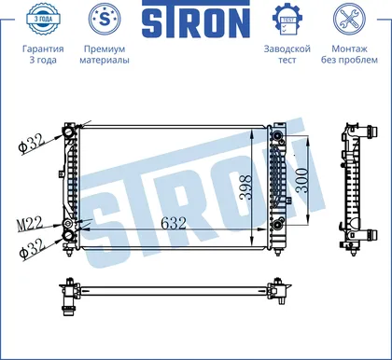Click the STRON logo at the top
point(196,20)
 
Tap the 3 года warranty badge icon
point(43,19)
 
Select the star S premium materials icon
point(105,19)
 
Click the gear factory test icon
point(287,20)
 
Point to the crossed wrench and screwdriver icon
point(349,19)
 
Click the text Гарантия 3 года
point(43,54)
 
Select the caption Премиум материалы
point(105,54)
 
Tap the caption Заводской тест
point(287,54)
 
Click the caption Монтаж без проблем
point(349,54)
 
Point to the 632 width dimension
point(174,223)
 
